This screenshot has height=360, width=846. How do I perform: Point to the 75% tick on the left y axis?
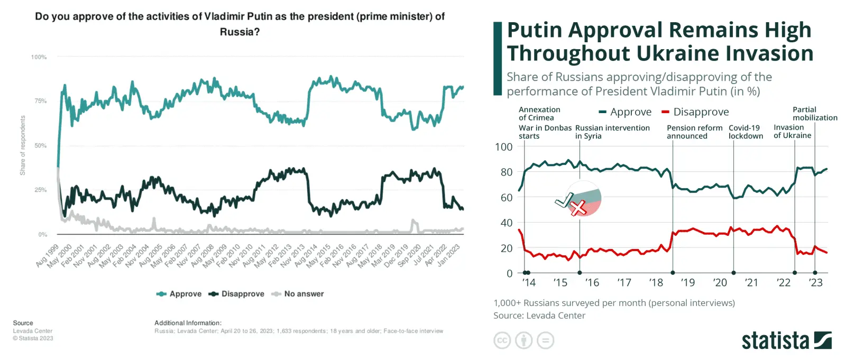tap(41, 101)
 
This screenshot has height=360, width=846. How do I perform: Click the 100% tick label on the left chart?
tap(39, 57)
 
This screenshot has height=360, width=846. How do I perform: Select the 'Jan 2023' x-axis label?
tap(449, 254)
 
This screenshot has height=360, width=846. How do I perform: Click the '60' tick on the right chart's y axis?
tap(506, 198)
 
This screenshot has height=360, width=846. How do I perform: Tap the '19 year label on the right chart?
tap(687, 283)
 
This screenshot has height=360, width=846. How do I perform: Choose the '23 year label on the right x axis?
tap(815, 283)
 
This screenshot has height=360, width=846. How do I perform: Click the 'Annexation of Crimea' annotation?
tap(539, 114)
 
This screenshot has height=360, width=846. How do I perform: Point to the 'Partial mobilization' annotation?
tap(814, 114)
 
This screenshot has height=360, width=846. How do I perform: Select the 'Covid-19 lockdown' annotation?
tap(746, 132)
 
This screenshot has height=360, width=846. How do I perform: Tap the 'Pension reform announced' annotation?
tap(694, 132)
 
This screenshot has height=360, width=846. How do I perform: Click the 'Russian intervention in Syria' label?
tap(612, 132)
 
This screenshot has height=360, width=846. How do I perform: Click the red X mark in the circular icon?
tap(579, 208)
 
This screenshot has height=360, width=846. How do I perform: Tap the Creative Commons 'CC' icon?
tap(502, 340)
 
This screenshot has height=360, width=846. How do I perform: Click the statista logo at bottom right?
tap(786, 341)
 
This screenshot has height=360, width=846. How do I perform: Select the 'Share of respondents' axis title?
tap(23, 145)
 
